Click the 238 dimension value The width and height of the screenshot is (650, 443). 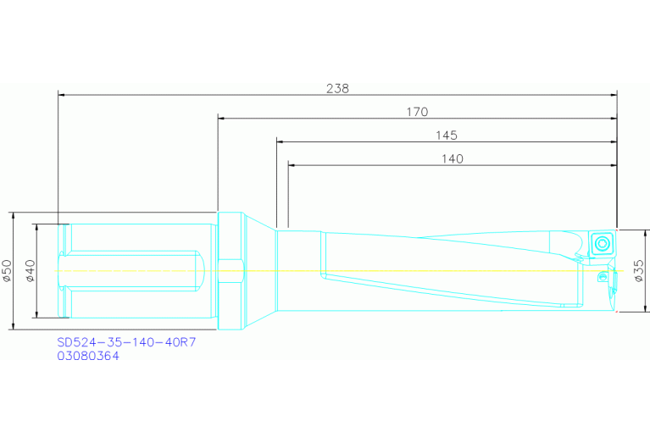click(x=337, y=87)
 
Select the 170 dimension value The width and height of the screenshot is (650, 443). click(x=417, y=111)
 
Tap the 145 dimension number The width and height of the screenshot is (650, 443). click(x=447, y=135)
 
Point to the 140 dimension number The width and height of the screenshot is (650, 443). click(x=452, y=158)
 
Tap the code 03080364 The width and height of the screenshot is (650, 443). click(x=88, y=357)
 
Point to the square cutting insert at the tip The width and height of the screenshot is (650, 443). click(x=602, y=244)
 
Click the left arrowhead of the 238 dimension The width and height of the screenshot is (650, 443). click(x=61, y=94)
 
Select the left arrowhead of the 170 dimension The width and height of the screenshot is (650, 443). click(x=221, y=118)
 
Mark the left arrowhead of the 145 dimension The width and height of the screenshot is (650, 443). click(x=280, y=141)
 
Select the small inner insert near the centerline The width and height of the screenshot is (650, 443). click(x=602, y=277)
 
